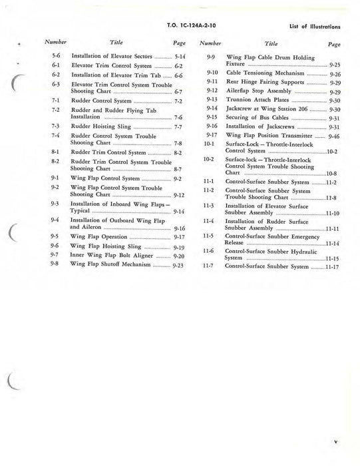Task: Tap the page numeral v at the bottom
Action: [336, 440]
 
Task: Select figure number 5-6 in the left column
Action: [57, 57]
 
